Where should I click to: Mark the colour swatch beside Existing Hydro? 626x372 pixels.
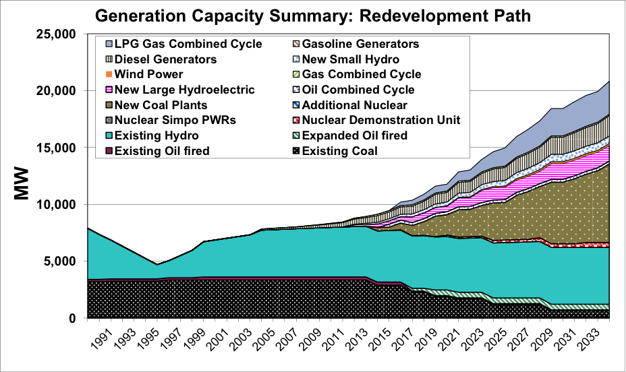(107, 136)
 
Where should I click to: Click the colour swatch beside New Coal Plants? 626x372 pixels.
(107, 105)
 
